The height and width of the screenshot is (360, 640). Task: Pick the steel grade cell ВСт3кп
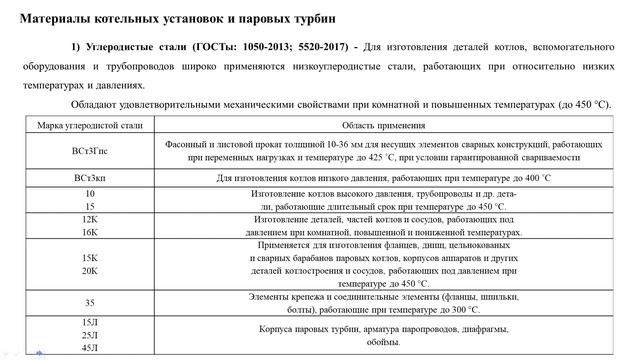[90, 178]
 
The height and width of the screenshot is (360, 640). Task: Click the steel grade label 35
[90, 301]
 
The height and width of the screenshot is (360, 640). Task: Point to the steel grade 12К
[90, 218]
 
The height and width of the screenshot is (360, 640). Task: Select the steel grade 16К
[90, 231]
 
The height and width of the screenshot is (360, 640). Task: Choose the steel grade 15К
[90, 257]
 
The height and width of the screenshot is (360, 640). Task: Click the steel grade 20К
[90, 270]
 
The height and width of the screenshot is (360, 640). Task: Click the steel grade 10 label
[90, 192]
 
